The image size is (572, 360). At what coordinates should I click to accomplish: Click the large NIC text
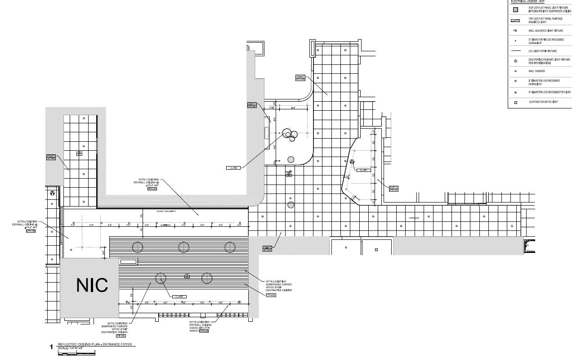92,285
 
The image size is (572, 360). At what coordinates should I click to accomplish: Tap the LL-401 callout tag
362,170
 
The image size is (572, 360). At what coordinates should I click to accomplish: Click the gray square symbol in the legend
515,9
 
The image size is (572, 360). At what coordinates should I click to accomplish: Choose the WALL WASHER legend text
536,71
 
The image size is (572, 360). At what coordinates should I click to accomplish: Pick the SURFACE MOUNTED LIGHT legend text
543,102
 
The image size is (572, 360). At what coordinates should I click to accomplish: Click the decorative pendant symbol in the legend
515,61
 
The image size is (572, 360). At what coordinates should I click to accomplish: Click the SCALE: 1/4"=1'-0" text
71,348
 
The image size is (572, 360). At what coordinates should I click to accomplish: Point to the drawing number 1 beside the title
51,347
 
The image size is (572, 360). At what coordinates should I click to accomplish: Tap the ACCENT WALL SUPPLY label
166,211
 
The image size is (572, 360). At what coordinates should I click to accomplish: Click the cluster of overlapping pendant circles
291,135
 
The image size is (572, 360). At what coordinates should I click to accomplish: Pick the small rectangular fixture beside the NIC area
128,261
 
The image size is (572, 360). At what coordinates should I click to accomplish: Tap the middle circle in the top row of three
183,247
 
